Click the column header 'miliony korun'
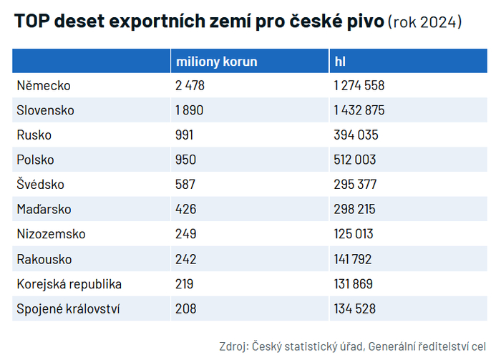216,62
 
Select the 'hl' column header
341,62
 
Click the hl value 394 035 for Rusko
356,135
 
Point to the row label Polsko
35,160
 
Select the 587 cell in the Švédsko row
185,185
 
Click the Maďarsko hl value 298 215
355,210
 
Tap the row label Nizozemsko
51,234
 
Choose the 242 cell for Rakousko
185,259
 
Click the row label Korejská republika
69,284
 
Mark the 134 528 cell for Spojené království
355,309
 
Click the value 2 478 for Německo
190,86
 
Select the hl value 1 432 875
359,111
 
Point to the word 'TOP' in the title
30,21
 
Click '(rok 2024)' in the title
424,21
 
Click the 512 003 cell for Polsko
355,160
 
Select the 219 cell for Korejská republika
184,284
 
